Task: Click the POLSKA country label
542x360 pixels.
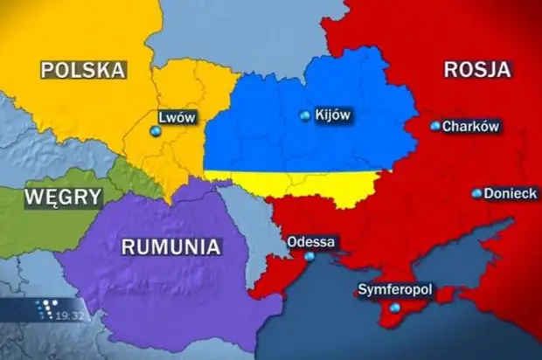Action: pyautogui.click(x=84, y=70)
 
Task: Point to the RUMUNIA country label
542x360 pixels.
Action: pyautogui.click(x=170, y=246)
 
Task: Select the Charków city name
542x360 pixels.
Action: pyautogui.click(x=470, y=126)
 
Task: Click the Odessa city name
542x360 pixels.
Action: pyautogui.click(x=311, y=242)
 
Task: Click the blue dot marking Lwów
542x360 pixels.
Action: pyautogui.click(x=156, y=131)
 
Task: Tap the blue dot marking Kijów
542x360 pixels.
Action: pyautogui.click(x=304, y=115)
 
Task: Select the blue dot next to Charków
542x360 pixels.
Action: pyautogui.click(x=434, y=126)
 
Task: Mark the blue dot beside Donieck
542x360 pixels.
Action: pyautogui.click(x=476, y=193)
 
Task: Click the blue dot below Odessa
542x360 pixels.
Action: pyautogui.click(x=309, y=257)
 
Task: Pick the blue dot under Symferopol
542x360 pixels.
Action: pyautogui.click(x=395, y=308)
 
